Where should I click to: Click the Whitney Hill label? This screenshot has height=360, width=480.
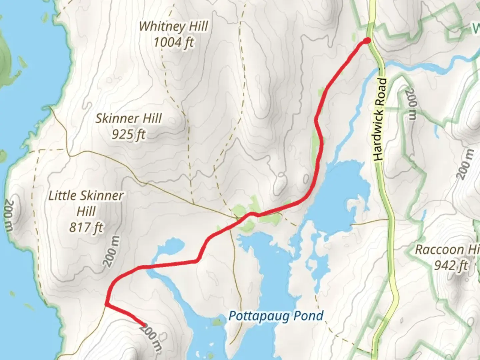173,26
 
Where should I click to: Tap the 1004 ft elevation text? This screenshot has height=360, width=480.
173,42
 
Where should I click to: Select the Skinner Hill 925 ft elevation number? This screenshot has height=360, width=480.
129,134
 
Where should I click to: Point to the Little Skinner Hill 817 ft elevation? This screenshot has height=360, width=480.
86,228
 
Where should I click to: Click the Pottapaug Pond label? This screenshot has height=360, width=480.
276,316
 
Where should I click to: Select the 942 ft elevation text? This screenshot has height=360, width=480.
451,266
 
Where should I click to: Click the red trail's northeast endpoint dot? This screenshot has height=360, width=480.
367,41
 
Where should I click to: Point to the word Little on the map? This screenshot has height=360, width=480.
61,196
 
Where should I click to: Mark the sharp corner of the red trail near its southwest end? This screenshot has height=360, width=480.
106,304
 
